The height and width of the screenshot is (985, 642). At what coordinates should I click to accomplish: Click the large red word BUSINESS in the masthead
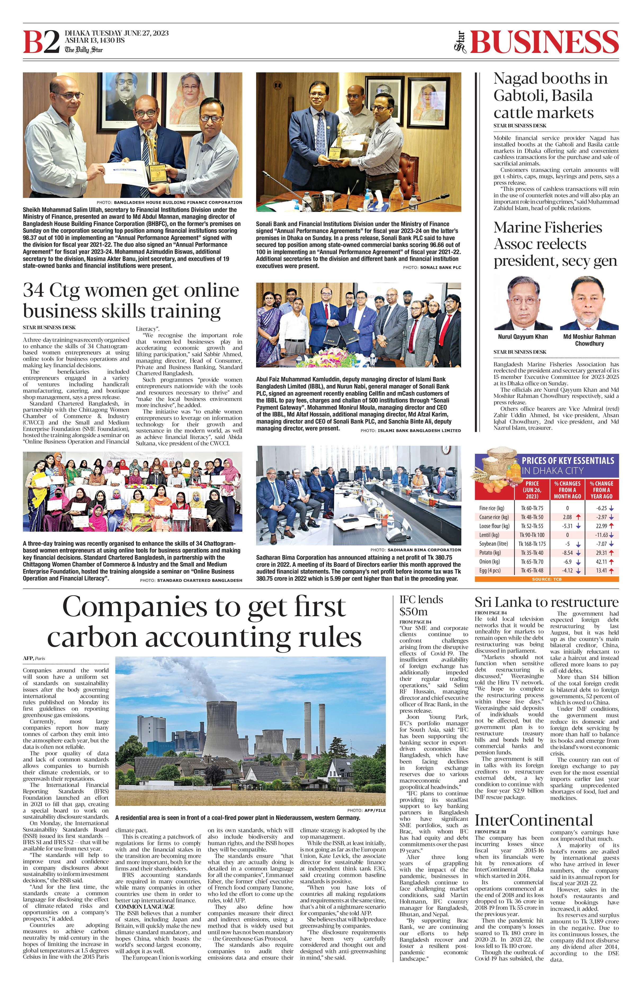click(x=544, y=42)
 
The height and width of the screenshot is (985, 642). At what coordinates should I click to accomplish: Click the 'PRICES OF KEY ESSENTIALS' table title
click(x=568, y=461)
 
